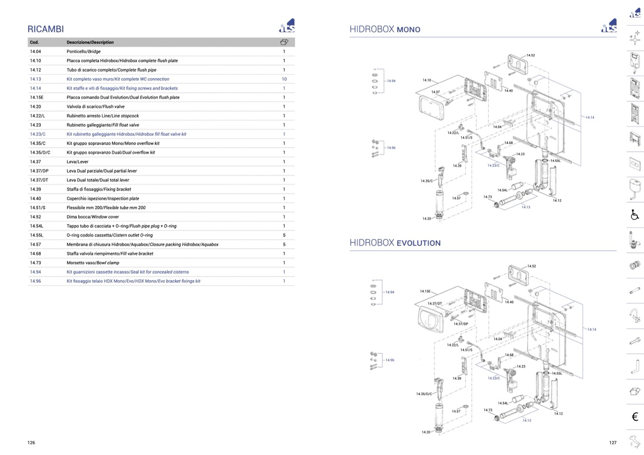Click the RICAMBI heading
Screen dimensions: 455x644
[46, 29]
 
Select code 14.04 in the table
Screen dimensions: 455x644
[36, 51]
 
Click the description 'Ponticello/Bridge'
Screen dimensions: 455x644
[84, 51]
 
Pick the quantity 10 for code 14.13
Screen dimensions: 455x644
[284, 79]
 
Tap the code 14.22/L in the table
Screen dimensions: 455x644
[38, 116]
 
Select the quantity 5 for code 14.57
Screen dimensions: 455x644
[284, 244]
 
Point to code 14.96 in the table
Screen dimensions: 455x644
[36, 281]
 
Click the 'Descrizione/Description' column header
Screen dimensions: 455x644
[90, 42]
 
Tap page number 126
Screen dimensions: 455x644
[31, 443]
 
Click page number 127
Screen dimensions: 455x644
[613, 443]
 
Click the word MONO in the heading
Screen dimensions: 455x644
[408, 29]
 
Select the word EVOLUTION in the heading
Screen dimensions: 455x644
[418, 243]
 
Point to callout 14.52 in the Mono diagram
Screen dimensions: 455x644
[530, 56]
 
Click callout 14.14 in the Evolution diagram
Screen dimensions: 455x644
[592, 329]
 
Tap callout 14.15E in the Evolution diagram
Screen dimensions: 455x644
[425, 291]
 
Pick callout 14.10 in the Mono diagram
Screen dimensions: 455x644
[427, 80]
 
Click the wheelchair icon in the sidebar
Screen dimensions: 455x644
[635, 215]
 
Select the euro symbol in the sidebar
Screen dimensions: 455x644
[635, 417]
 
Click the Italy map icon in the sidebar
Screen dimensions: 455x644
[635, 441]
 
